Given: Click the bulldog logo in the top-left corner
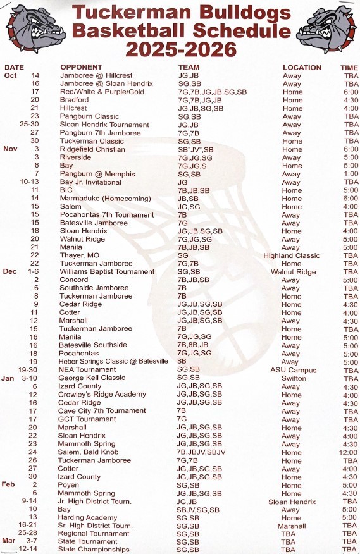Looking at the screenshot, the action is pyautogui.click(x=29, y=28).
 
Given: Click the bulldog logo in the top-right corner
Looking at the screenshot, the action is pyautogui.click(x=331, y=28).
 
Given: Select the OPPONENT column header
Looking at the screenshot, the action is pyautogui.click(x=81, y=67).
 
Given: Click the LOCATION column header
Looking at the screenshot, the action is pyautogui.click(x=302, y=67).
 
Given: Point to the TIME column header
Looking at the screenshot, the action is pyautogui.click(x=349, y=67).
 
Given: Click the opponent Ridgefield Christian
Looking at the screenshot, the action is pyautogui.click(x=92, y=149).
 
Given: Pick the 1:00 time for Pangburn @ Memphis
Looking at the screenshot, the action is pyautogui.click(x=350, y=174).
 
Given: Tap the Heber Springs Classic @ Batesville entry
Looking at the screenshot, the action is pyautogui.click(x=113, y=362).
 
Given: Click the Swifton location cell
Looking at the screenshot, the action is pyautogui.click(x=294, y=378).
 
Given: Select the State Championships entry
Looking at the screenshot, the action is pyautogui.click(x=94, y=550).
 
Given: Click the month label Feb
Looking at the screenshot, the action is pyautogui.click(x=8, y=484).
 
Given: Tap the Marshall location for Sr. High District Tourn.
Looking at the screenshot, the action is pyautogui.click(x=292, y=526).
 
